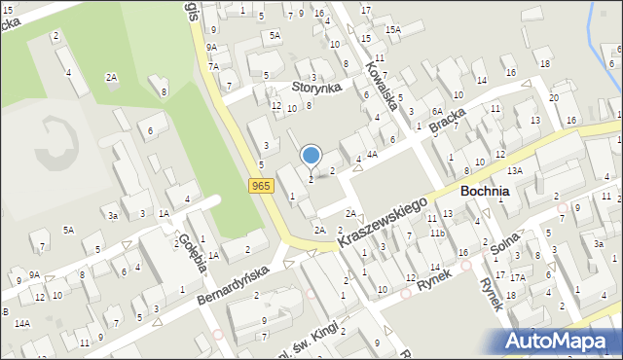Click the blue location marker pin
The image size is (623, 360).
click(x=311, y=155)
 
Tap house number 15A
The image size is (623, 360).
click(x=392, y=30)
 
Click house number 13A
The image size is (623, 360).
click(x=514, y=170)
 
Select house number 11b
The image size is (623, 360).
click(x=437, y=234)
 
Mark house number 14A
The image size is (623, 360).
click(x=21, y=322)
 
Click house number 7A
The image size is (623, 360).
click(x=213, y=66)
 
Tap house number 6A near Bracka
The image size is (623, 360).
click(x=437, y=111)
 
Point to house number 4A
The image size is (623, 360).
click(x=372, y=154)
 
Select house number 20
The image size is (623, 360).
click(x=553, y=98)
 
